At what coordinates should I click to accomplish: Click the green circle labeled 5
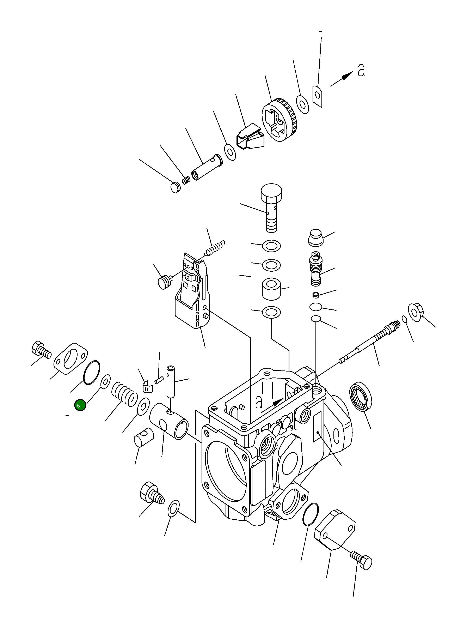pyautogui.click(x=80, y=405)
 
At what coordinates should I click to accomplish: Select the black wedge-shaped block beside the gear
pyautogui.click(x=250, y=137)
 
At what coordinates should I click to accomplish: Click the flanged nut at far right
pyautogui.click(x=416, y=312)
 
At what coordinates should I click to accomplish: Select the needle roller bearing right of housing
pyautogui.click(x=361, y=397)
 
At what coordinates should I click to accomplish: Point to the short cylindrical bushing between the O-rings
pyautogui.click(x=271, y=289)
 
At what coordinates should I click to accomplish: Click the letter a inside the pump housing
pyautogui.click(x=259, y=402)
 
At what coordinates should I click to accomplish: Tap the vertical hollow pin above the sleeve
pyautogui.click(x=171, y=381)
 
